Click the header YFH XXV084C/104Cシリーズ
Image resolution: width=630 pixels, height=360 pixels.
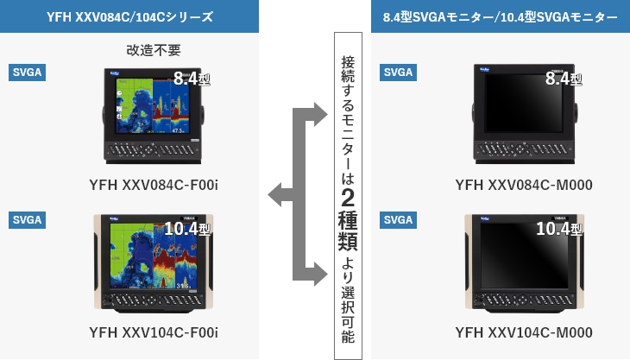(129, 17)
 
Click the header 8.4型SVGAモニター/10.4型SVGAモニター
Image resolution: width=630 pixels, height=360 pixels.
(500, 17)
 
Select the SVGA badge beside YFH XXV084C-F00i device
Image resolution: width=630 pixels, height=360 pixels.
(27, 72)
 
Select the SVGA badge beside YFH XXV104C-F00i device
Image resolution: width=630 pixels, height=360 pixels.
(27, 219)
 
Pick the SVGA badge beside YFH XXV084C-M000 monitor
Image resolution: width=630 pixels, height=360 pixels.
(398, 72)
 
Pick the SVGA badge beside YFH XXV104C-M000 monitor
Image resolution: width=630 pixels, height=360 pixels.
(398, 219)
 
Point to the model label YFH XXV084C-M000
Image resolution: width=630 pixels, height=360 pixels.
(524, 185)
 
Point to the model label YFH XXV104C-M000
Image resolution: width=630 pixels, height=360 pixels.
(524, 333)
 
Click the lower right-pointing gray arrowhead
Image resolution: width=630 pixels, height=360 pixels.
(318, 275)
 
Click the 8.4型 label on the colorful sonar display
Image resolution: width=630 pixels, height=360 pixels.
(191, 79)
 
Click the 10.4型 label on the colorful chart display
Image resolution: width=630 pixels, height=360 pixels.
(186, 229)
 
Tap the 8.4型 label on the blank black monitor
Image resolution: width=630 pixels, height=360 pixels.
(563, 79)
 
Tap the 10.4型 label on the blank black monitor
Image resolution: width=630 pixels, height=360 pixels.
(558, 229)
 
